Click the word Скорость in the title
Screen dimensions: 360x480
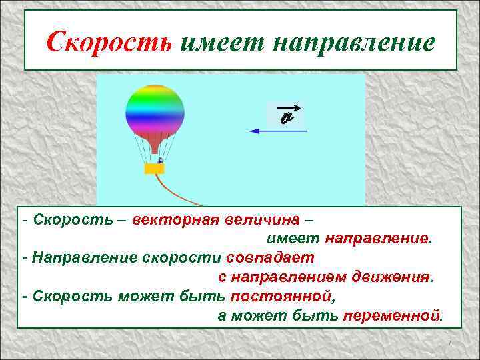point(109,43)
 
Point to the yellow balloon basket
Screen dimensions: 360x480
point(155,169)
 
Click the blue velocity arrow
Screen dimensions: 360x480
point(277,131)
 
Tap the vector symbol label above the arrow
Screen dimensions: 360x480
point(287,116)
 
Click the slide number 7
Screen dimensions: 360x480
point(449,343)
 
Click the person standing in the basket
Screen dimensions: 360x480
point(160,160)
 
